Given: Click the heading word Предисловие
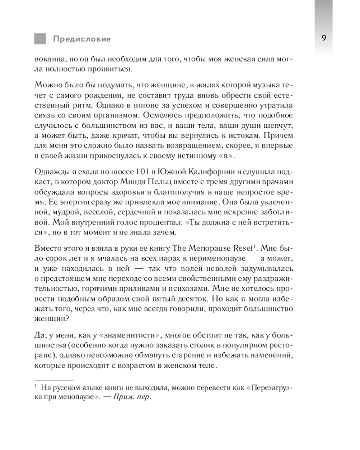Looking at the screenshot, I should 81,39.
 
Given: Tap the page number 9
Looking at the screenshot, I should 324,38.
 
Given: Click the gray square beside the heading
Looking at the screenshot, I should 40,39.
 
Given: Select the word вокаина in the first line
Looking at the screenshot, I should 49,59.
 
